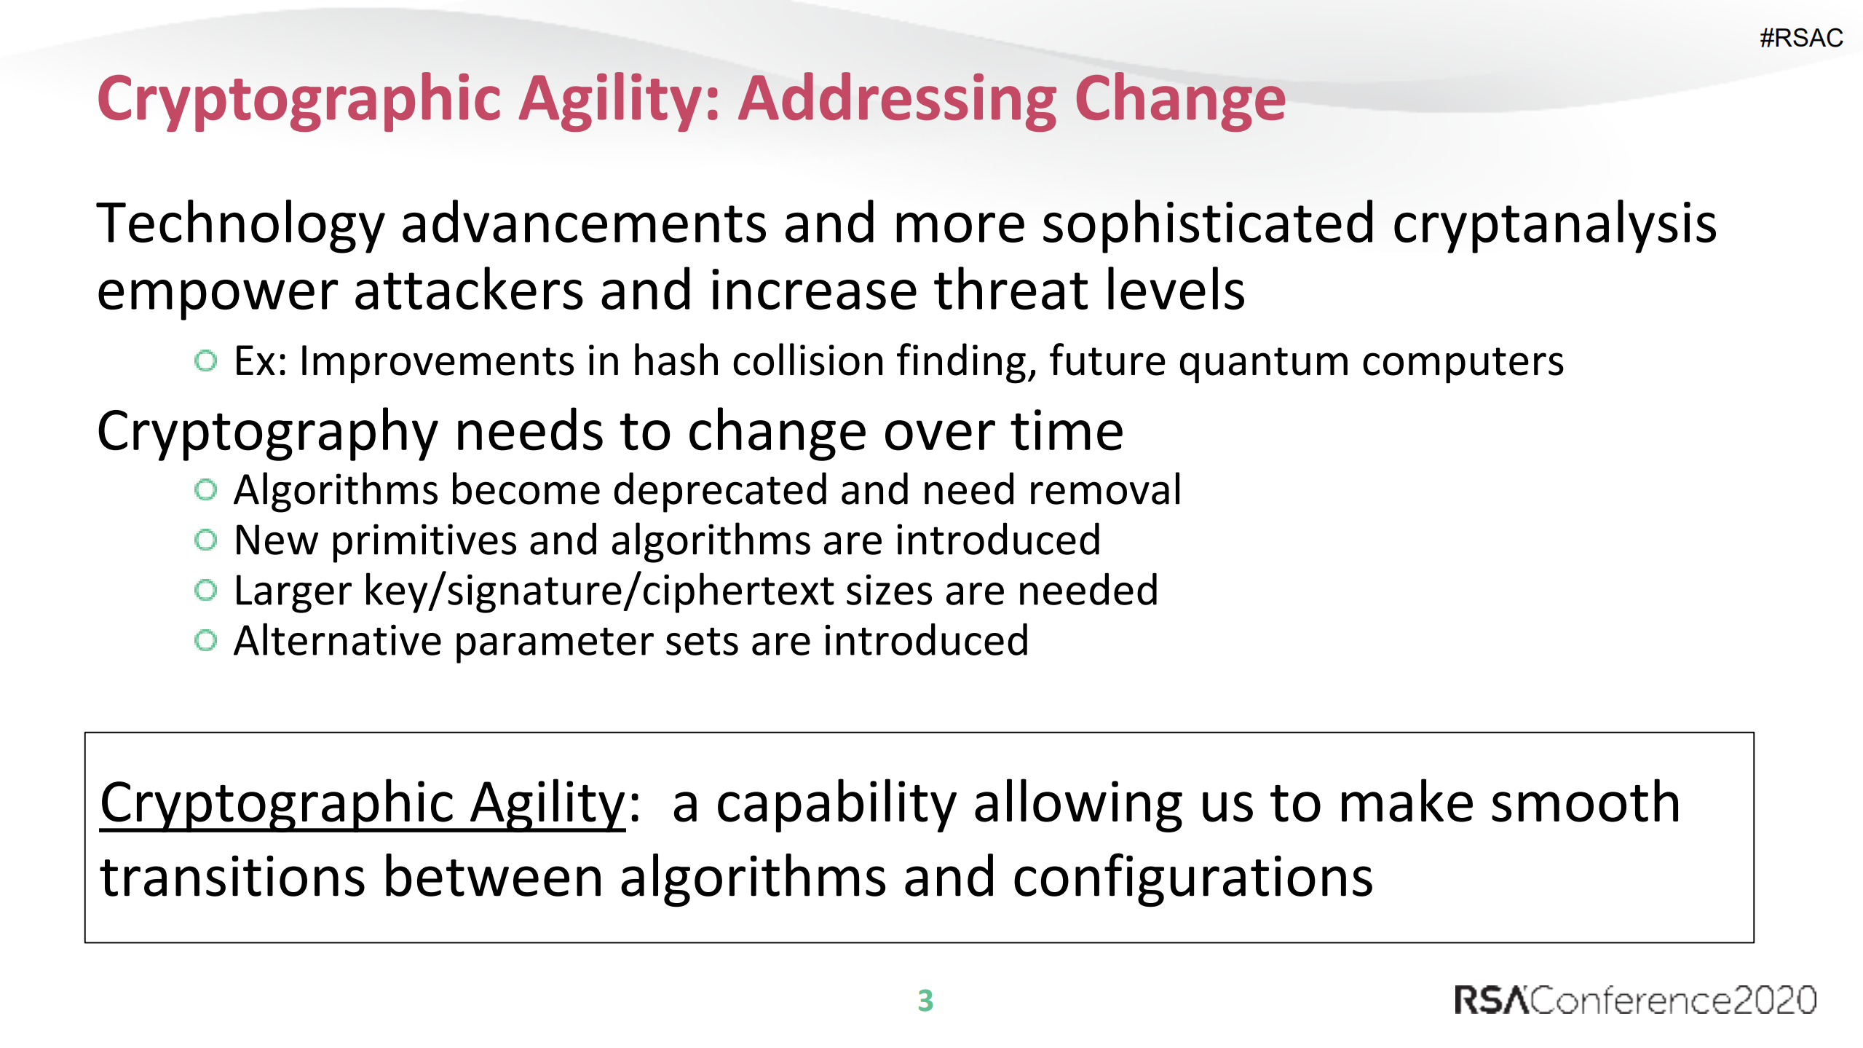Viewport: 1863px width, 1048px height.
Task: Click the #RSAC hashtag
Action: pyautogui.click(x=1800, y=38)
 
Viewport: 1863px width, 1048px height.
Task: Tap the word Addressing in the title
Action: pyautogui.click(x=897, y=100)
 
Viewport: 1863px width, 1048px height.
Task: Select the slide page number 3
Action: pyautogui.click(x=925, y=1001)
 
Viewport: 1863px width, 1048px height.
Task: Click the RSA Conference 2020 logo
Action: pyautogui.click(x=1635, y=1000)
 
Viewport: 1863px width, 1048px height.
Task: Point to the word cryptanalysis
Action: pyautogui.click(x=1554, y=224)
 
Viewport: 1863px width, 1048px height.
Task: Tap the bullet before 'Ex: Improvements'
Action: pyautogui.click(x=206, y=361)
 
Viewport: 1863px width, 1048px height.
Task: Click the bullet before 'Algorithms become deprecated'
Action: pyautogui.click(x=206, y=489)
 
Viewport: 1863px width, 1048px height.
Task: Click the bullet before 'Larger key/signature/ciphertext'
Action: pyautogui.click(x=206, y=590)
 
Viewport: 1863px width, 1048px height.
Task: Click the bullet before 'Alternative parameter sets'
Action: pyautogui.click(x=206, y=641)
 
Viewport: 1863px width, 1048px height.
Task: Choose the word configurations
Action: pyautogui.click(x=1192, y=878)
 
